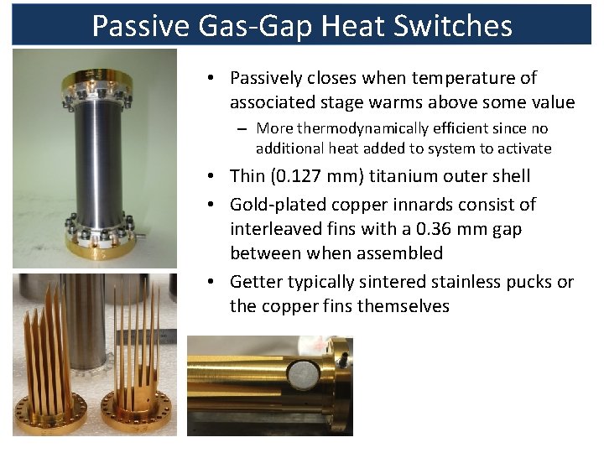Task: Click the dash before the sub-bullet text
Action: [x=241, y=129]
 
